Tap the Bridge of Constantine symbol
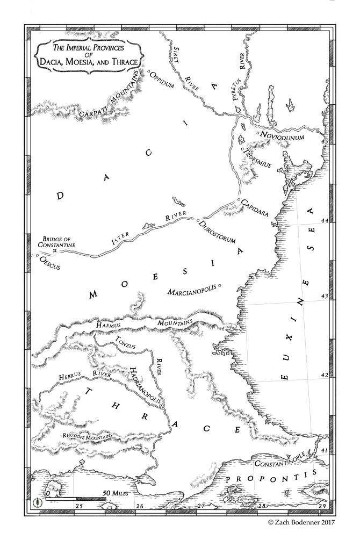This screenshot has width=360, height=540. click(x=54, y=251)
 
